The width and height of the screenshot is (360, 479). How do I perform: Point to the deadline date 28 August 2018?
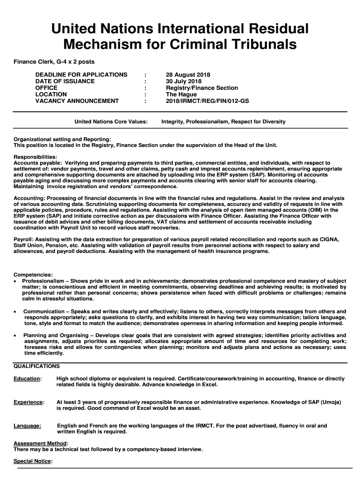pyautogui.click(x=188, y=75)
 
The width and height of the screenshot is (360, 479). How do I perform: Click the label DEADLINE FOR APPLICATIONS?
pyautogui.click(x=81, y=75)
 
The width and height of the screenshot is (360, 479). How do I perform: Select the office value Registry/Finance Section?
pyautogui.click(x=202, y=88)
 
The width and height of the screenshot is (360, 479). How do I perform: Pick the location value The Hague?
pyautogui.click(x=181, y=94)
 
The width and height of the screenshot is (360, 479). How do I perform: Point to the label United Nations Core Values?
pyautogui.click(x=111, y=122)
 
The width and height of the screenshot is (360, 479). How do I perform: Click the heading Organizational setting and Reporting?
pyautogui.click(x=62, y=139)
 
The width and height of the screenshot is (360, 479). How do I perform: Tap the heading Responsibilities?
pyautogui.click(x=36, y=157)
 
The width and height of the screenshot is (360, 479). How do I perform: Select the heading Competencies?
pyautogui.click(x=33, y=275)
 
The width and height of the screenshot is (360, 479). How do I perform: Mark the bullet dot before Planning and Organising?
pyautogui.click(x=16, y=335)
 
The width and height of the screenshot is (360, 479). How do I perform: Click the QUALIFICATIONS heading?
pyautogui.click(x=37, y=366)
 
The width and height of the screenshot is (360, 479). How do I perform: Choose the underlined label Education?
pyautogui.click(x=28, y=378)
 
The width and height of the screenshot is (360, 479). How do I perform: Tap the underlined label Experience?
pyautogui.click(x=29, y=402)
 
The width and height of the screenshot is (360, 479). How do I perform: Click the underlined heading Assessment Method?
pyautogui.click(x=40, y=443)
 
